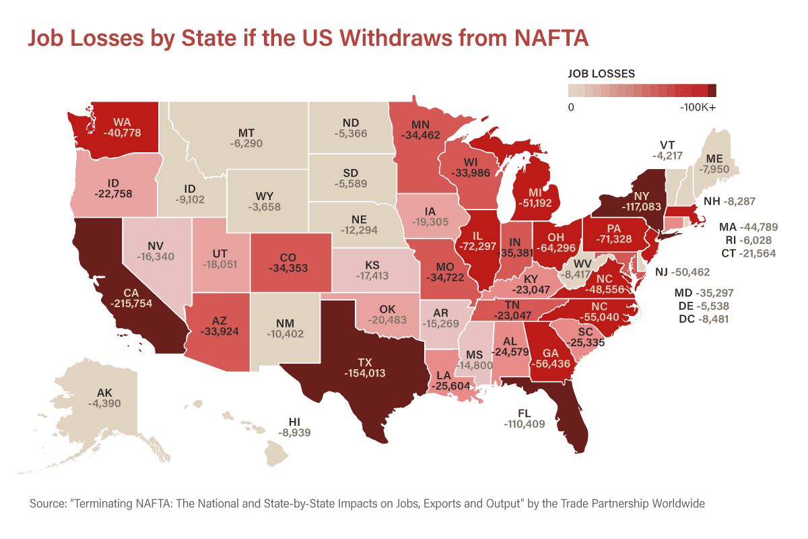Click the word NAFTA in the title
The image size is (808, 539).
551,38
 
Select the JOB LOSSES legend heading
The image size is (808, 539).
601,73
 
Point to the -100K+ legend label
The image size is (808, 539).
698,107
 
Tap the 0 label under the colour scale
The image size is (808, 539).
571,107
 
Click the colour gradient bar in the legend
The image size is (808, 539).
642,90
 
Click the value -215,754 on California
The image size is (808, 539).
131,303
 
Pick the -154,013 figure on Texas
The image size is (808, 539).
365,373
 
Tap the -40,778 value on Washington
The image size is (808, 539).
122,133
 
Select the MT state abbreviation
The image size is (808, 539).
246,133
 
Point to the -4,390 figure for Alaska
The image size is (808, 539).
104,404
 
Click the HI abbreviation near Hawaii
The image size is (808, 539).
294,422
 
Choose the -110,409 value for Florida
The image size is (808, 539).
525,424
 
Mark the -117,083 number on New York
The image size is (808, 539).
641,206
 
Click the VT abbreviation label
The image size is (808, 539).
667,145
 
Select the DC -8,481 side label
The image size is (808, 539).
704,319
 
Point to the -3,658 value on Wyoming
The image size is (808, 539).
265,207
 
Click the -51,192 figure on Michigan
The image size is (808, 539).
535,203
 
